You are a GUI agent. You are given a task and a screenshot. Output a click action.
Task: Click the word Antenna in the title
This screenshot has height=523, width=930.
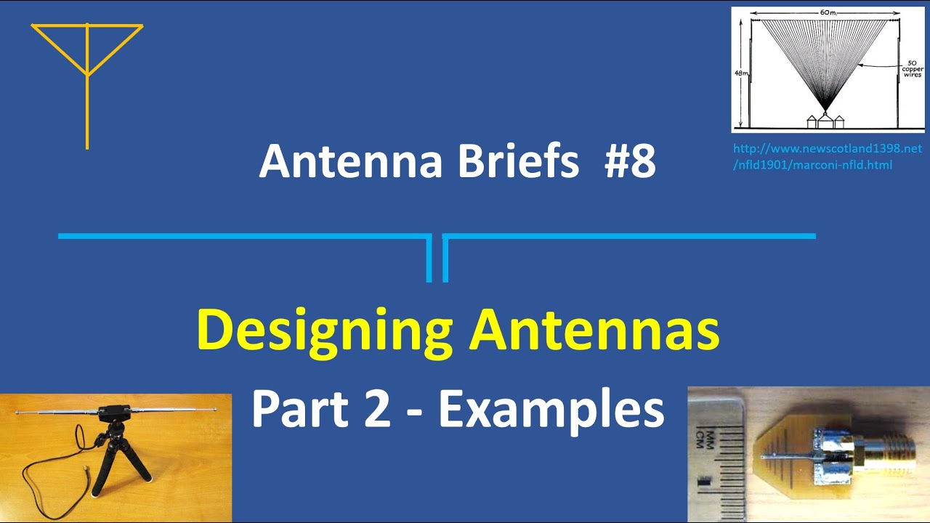tap(351, 161)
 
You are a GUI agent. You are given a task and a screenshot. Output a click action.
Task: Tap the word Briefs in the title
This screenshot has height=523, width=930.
tap(517, 161)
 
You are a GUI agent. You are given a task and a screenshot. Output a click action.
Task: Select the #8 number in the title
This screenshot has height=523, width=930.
tap(629, 161)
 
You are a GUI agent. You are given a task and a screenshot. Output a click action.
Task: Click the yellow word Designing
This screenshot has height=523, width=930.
tap(325, 331)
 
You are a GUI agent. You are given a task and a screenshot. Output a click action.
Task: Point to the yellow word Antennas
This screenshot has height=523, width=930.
tap(594, 331)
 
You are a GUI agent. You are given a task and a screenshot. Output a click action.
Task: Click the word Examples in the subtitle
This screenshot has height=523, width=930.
tap(551, 410)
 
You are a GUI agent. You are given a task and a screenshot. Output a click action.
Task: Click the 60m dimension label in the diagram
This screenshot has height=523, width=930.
tap(825, 13)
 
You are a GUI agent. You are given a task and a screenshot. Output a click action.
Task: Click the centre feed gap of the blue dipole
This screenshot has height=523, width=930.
tap(437, 258)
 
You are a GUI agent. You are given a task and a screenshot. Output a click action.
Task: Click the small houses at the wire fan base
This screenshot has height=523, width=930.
tap(825, 120)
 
